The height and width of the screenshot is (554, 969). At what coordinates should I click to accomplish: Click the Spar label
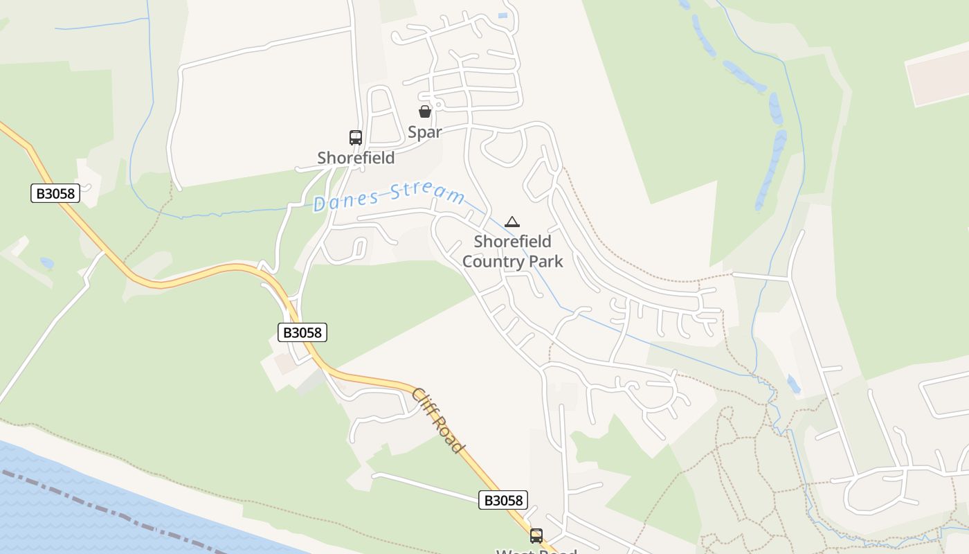(x=424, y=132)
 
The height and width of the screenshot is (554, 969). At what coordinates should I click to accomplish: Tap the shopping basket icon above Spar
(x=425, y=111)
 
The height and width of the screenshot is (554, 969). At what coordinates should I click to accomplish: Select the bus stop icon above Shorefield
(x=356, y=138)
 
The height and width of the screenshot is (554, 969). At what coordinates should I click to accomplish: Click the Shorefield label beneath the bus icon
(x=356, y=158)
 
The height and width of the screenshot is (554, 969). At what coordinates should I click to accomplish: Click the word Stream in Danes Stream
(x=427, y=192)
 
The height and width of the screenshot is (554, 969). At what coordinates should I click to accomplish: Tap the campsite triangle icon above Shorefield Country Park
(x=511, y=222)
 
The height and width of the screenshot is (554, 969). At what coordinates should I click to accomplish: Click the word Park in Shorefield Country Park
(x=547, y=262)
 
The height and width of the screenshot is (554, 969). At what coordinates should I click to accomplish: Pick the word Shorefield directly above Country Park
(x=512, y=242)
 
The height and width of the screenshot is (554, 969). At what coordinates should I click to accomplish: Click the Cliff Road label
(x=437, y=420)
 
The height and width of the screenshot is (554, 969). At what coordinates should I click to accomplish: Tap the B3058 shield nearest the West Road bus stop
(x=503, y=500)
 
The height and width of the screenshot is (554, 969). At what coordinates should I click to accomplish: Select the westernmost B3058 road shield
(x=55, y=193)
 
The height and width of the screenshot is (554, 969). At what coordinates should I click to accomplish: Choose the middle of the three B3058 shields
(x=302, y=332)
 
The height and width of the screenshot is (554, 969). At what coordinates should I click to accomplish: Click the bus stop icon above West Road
(x=536, y=535)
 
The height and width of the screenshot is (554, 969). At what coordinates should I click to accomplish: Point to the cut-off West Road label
(x=536, y=551)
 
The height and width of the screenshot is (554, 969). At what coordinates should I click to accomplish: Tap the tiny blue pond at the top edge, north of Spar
(x=502, y=15)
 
